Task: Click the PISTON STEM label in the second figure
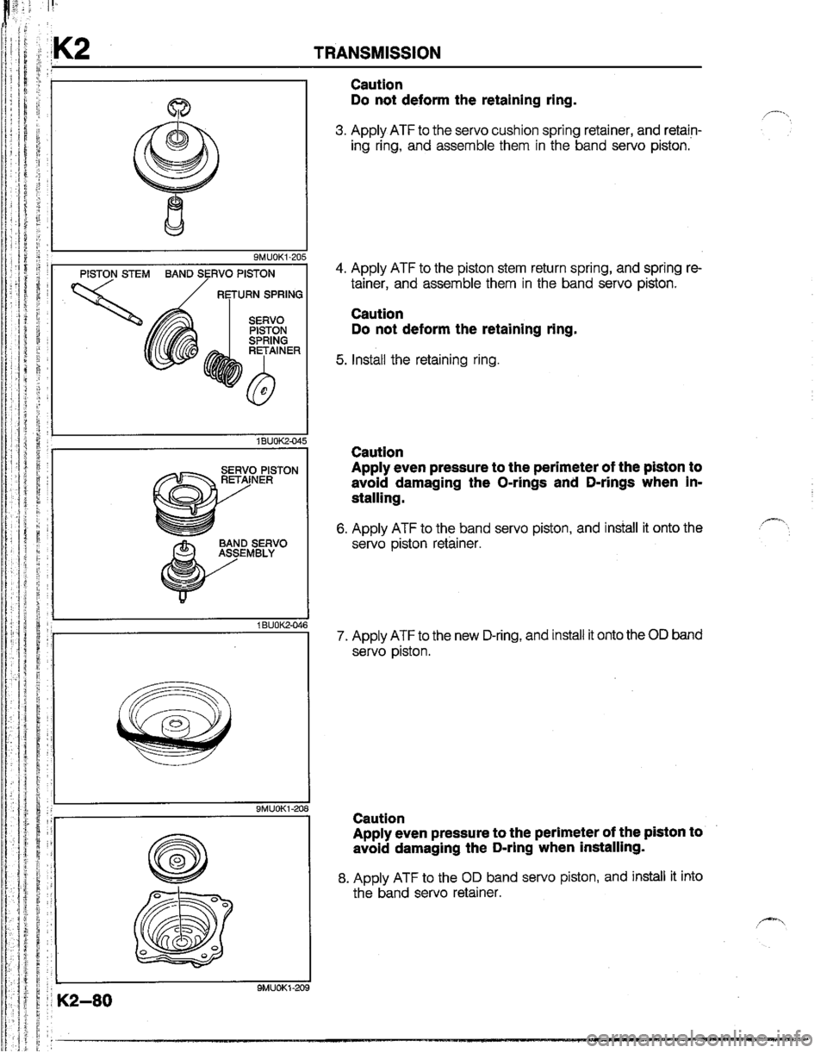113,275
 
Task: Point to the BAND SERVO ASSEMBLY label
252,550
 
